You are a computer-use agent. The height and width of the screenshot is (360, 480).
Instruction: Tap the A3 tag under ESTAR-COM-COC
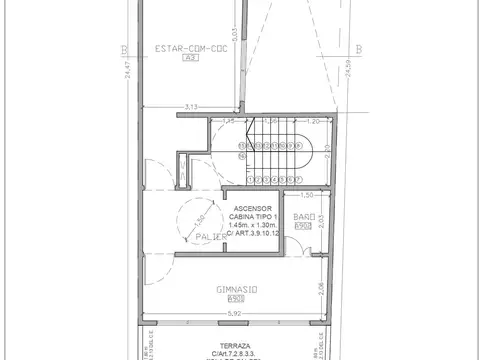[x=187, y=60]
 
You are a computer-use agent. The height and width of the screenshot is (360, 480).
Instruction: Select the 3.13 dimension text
[x=192, y=104]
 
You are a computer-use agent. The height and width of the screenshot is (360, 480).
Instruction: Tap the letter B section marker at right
[x=357, y=46]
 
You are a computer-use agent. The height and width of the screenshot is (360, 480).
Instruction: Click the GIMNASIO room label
[x=237, y=291]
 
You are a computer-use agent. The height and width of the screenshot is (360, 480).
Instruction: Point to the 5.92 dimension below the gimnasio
[x=237, y=315]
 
